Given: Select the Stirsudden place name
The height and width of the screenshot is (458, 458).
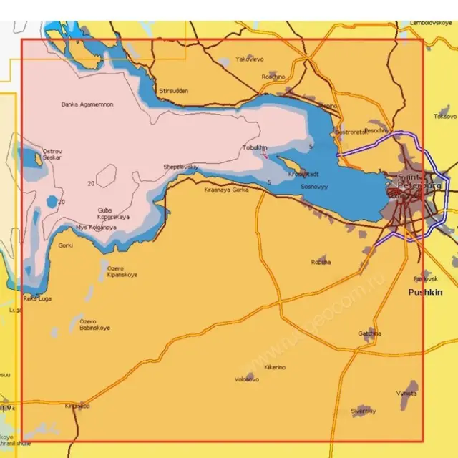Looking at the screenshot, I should [x=174, y=91].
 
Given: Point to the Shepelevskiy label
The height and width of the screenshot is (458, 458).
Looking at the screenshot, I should [x=181, y=167].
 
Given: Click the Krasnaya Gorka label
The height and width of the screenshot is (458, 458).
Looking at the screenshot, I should [x=227, y=190].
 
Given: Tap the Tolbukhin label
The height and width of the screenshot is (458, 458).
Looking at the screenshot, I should [x=254, y=147].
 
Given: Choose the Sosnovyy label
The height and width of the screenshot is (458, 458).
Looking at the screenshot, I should [x=314, y=186].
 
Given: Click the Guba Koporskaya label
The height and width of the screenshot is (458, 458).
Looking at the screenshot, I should [x=113, y=213].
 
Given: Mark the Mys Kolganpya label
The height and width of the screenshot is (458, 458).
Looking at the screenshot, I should [x=96, y=228].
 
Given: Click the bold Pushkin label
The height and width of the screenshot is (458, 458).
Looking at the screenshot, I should [x=425, y=292].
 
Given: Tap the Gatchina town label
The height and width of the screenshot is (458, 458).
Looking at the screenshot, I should [x=370, y=333].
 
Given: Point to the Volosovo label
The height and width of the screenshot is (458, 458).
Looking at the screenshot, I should [x=247, y=379].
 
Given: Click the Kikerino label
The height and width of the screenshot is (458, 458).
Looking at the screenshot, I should [x=275, y=367].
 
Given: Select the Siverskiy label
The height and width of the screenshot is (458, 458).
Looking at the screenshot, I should [x=363, y=411].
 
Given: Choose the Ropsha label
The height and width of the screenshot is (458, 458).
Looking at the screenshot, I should [x=321, y=262].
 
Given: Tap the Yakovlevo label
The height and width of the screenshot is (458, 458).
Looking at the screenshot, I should [x=250, y=59].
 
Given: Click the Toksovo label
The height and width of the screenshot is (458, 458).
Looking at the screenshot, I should [x=445, y=115].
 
